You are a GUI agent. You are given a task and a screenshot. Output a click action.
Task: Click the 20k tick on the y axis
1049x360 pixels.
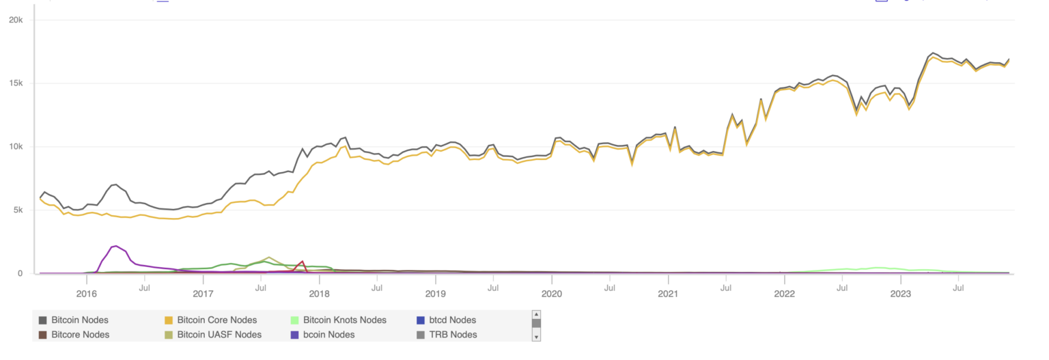pyautogui.click(x=15, y=20)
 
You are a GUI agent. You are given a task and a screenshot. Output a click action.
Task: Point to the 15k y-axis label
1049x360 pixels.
pyautogui.click(x=15, y=83)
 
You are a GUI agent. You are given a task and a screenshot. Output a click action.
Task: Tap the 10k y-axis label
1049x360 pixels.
pyautogui.click(x=15, y=147)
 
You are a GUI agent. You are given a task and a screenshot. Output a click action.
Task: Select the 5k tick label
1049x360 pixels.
pyautogui.click(x=17, y=210)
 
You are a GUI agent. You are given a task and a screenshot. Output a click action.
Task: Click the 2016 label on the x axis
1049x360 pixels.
pyautogui.click(x=86, y=294)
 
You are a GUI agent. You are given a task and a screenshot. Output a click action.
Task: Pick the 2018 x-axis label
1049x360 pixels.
pyautogui.click(x=319, y=294)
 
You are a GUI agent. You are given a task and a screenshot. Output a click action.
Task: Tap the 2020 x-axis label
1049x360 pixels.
pyautogui.click(x=552, y=294)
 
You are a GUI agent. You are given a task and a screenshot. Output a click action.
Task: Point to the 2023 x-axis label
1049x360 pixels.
pyautogui.click(x=900, y=294)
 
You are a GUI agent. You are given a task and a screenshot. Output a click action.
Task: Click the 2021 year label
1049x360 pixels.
pyautogui.click(x=668, y=294)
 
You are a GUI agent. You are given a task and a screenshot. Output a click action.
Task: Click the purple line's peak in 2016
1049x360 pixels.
pyautogui.click(x=115, y=246)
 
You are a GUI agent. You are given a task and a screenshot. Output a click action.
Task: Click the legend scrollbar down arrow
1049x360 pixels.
pyautogui.click(x=536, y=337)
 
